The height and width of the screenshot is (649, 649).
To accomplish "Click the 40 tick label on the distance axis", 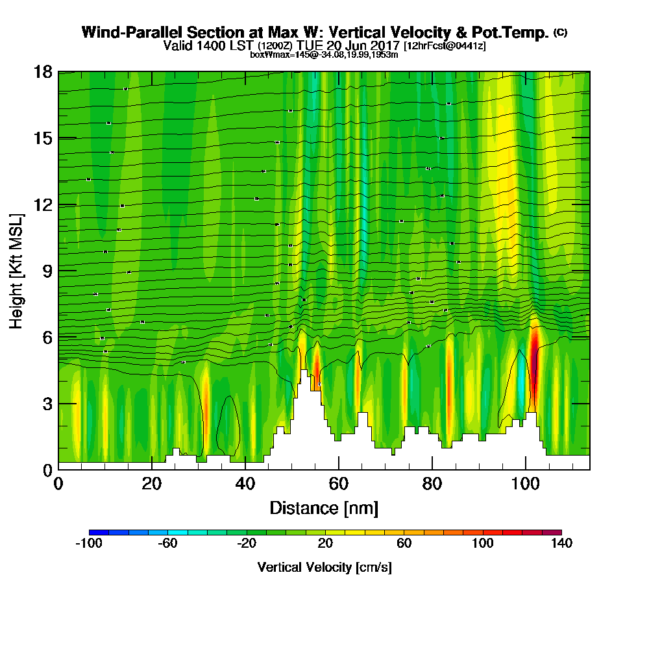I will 245,484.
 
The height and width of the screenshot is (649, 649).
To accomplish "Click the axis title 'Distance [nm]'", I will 324,507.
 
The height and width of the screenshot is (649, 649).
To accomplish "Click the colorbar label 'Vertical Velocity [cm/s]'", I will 324,567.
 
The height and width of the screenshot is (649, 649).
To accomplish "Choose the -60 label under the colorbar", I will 167,544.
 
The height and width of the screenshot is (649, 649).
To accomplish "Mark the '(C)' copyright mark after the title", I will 560,32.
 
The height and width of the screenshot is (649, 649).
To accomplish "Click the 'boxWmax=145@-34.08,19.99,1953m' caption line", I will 324,55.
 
